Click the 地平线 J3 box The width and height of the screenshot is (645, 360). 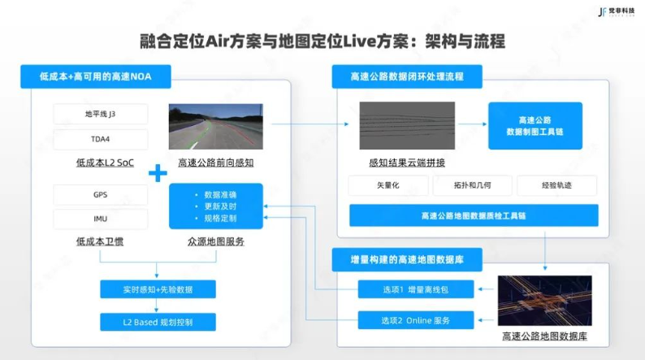[101, 114]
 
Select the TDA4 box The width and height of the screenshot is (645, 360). [101, 139]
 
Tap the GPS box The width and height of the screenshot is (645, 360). [101, 194]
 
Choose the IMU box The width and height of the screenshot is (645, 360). [101, 219]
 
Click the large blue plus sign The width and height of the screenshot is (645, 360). [158, 173]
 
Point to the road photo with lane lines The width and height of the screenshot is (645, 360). [216, 126]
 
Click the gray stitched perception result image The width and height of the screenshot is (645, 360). [407, 125]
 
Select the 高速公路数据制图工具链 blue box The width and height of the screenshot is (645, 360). [535, 125]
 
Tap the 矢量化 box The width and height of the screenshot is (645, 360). [388, 185]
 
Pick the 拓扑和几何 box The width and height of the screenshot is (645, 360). [472, 185]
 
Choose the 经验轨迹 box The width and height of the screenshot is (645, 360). [556, 185]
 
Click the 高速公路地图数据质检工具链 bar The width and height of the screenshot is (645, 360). [474, 215]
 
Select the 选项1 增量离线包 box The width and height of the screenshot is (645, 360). [416, 289]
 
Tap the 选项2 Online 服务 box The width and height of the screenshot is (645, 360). [416, 320]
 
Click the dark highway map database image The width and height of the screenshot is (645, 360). [544, 301]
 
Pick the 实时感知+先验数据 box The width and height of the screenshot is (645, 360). [158, 289]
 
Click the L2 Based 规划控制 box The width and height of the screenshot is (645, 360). [158, 322]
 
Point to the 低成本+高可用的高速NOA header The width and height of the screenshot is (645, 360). [96, 76]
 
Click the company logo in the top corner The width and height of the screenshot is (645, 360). [617, 11]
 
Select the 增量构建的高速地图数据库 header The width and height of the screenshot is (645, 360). [407, 259]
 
